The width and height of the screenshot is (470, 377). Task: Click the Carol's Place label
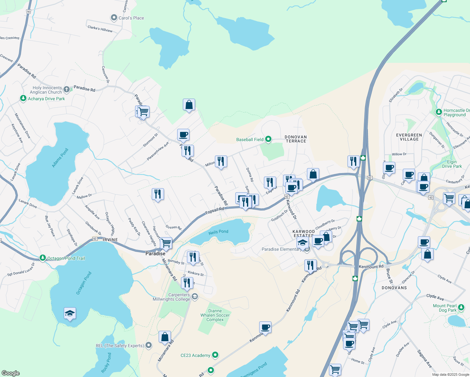tap(131, 18)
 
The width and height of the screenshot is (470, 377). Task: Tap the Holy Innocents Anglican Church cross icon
tap(67, 90)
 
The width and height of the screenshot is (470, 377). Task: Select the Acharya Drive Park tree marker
tap(23, 98)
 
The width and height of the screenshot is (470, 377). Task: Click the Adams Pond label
tap(60, 158)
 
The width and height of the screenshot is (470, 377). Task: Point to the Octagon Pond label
tap(84, 283)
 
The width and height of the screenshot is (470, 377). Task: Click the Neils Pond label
tap(218, 232)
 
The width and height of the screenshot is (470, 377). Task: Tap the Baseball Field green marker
tap(268, 139)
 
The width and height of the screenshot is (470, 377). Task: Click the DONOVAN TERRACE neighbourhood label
tap(296, 139)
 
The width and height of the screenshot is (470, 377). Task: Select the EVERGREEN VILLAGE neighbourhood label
tap(409, 137)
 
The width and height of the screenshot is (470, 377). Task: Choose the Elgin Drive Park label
tap(452, 164)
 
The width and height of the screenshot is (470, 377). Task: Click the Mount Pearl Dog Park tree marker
tap(461, 308)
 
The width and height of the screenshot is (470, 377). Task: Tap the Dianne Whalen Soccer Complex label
tap(215, 315)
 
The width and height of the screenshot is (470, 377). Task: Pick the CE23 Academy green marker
tap(215, 355)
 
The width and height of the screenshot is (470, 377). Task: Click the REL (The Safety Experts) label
tap(120, 346)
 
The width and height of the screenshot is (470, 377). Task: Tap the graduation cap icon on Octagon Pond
tap(70, 314)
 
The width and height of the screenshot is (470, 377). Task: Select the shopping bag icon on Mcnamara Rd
tap(165, 337)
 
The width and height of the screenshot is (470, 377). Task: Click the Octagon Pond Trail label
tap(66, 258)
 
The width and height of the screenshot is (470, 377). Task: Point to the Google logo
tap(11, 373)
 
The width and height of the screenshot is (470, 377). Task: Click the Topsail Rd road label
tap(215, 211)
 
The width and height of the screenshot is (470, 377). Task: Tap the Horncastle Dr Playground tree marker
tap(439, 112)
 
